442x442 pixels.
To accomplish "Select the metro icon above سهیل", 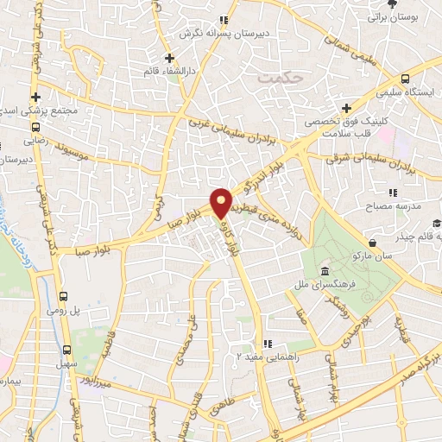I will pyautogui.click(x=68, y=349).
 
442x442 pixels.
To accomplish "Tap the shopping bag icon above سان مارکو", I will pyautogui.click(x=371, y=243).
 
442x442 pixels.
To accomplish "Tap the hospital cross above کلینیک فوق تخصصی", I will pyautogui.click(x=346, y=108).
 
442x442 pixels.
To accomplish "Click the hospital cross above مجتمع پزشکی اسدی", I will pyautogui.click(x=35, y=97).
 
